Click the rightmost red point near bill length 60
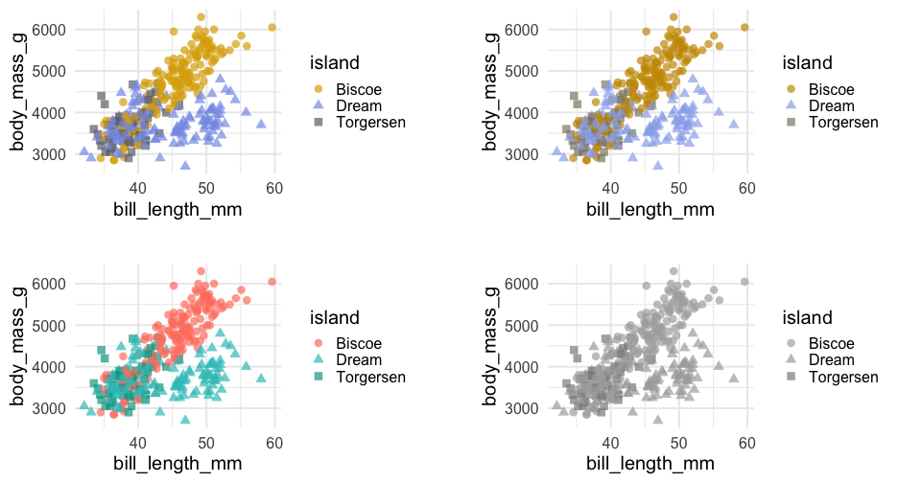(272, 282)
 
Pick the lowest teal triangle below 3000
(186, 420)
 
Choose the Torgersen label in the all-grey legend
(844, 378)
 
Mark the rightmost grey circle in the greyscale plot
(745, 282)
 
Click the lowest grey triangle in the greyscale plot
(658, 420)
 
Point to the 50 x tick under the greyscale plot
(678, 443)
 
